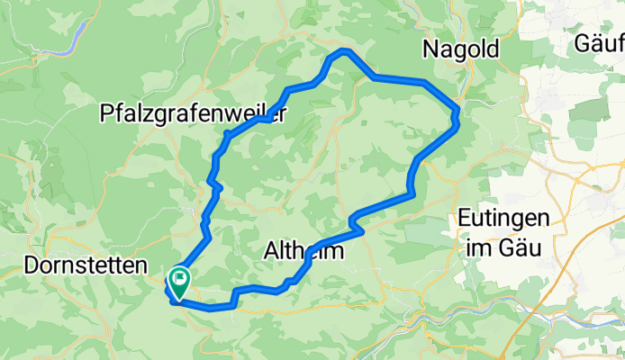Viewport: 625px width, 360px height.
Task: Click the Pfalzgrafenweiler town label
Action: pyautogui.click(x=195, y=114)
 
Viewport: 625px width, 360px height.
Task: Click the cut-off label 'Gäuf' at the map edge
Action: pyautogui.click(x=600, y=44)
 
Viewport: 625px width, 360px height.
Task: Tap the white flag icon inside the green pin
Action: pyautogui.click(x=178, y=279)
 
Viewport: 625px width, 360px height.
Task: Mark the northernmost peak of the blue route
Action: pyautogui.click(x=343, y=50)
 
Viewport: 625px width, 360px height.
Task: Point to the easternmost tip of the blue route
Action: pyautogui.click(x=458, y=113)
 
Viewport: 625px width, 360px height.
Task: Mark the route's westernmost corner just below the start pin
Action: pyautogui.click(x=168, y=290)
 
